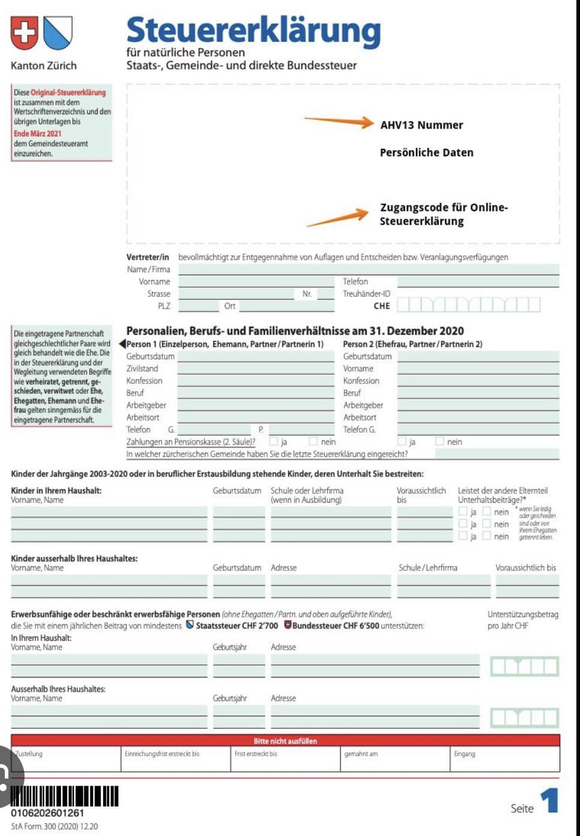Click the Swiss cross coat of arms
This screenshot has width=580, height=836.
[x=24, y=32]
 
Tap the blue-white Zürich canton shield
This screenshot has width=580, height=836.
[x=58, y=32]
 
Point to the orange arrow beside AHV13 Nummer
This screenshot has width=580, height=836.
[x=339, y=121]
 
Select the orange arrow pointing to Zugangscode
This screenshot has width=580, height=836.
[x=338, y=218]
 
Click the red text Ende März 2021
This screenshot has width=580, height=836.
[x=38, y=133]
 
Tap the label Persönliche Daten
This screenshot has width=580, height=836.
[x=426, y=153]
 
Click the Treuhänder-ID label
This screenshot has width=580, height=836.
[x=366, y=294]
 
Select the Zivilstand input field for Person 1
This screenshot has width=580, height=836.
[x=256, y=369]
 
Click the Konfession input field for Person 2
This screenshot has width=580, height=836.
[x=478, y=381]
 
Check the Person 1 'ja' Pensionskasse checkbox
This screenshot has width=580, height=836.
[x=274, y=442]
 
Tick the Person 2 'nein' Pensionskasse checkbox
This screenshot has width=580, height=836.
[x=440, y=442]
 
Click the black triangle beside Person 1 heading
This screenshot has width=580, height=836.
[x=122, y=344]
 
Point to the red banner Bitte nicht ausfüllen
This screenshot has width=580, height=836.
[x=285, y=741]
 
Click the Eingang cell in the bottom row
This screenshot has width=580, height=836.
[x=505, y=759]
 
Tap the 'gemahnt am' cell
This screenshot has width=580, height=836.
[x=395, y=759]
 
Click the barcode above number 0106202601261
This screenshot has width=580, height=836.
[x=65, y=797]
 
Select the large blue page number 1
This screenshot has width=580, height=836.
[x=549, y=801]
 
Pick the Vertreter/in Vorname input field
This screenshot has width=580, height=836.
[x=256, y=282]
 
